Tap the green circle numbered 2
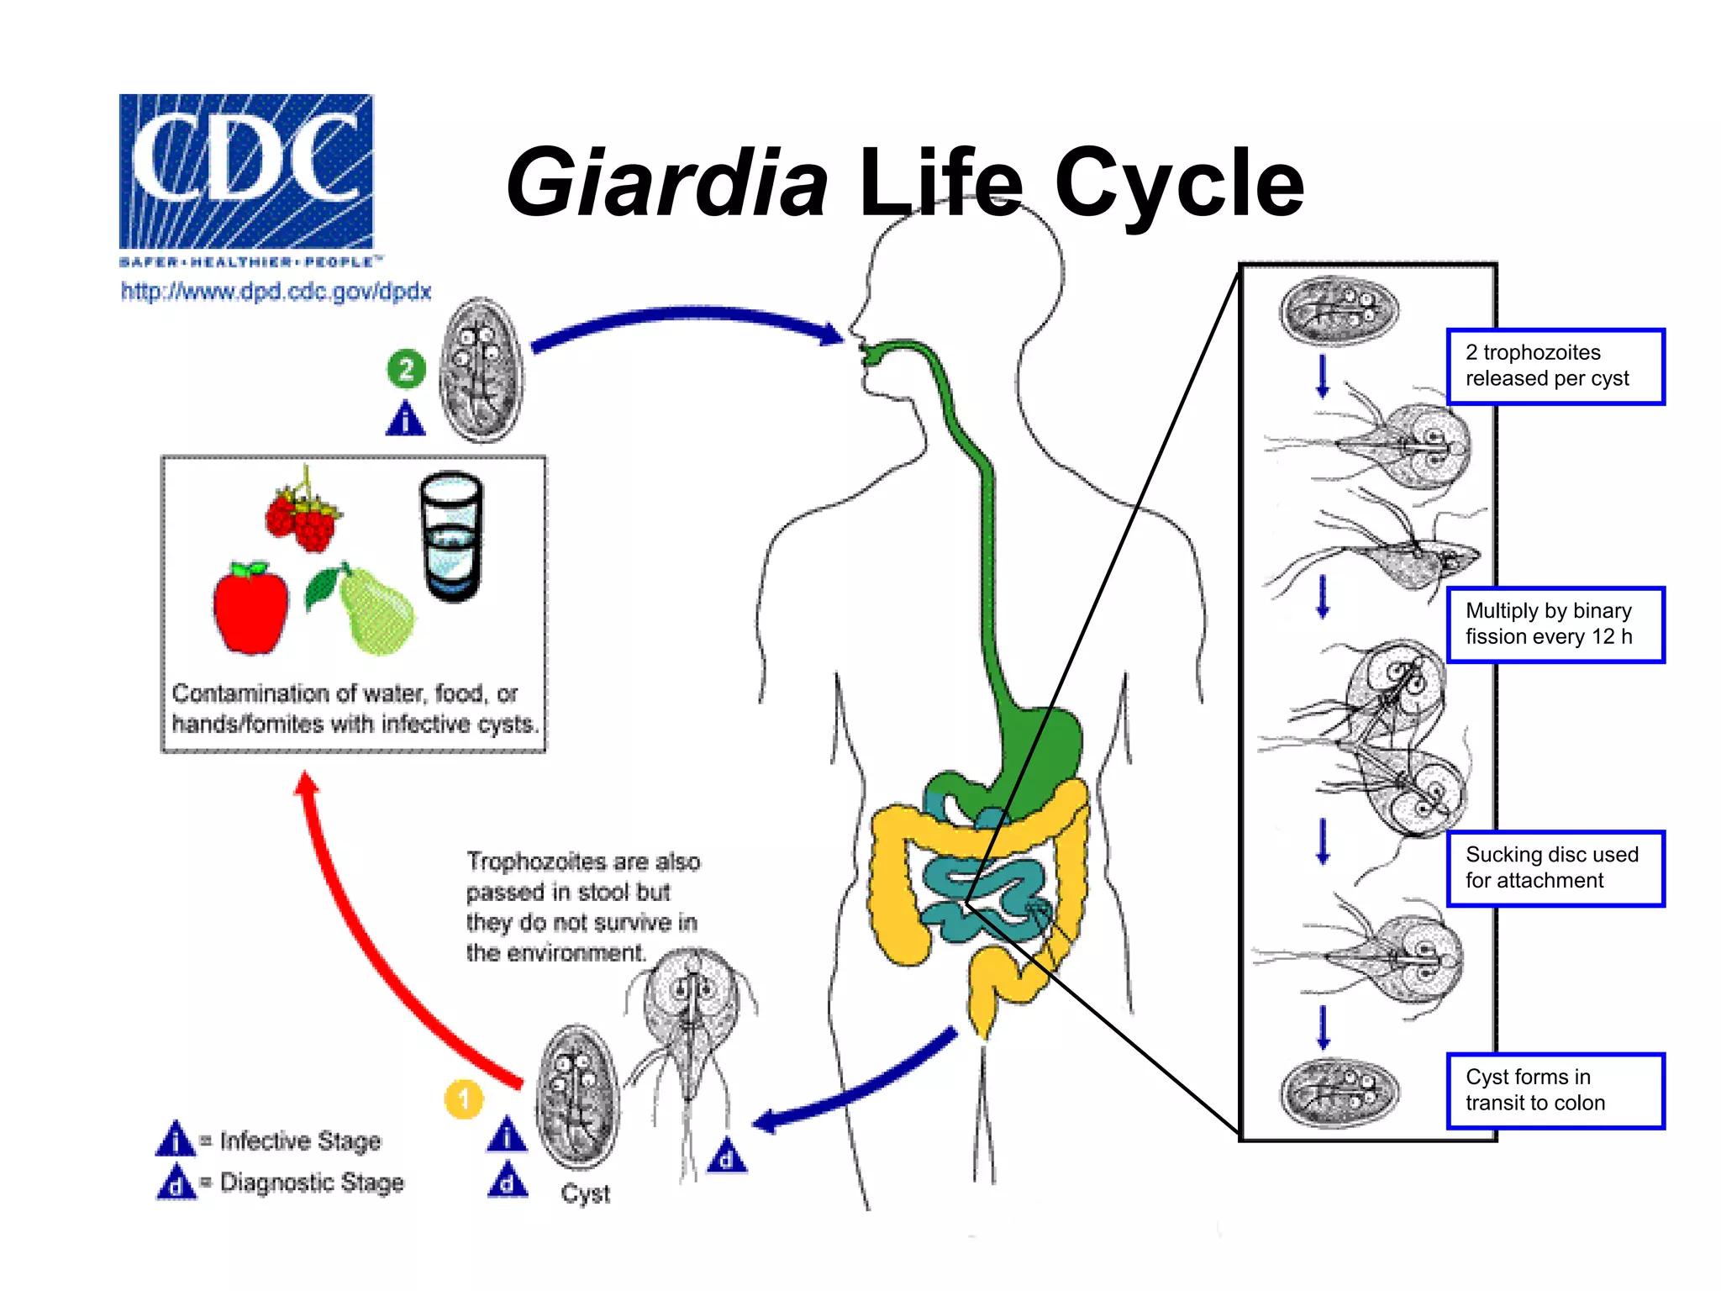(406, 369)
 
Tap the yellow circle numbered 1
(463, 1099)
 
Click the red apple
(250, 609)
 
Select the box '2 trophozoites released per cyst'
(1555, 366)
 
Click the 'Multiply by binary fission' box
(1555, 624)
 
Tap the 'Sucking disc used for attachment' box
(1555, 868)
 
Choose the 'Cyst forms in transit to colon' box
(1555, 1090)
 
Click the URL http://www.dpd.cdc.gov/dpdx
(276, 292)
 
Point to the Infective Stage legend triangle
(176, 1141)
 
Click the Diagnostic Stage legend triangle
(176, 1183)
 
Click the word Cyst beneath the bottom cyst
(585, 1194)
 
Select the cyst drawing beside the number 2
(482, 370)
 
